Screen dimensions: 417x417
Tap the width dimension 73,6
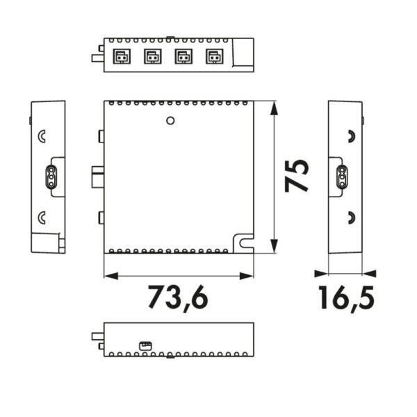point(177,297)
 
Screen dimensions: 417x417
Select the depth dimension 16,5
point(346,297)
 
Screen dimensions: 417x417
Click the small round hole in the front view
point(170,121)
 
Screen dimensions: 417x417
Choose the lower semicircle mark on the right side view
point(351,218)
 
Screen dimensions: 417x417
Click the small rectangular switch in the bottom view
point(145,344)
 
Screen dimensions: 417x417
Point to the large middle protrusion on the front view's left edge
point(98,178)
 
